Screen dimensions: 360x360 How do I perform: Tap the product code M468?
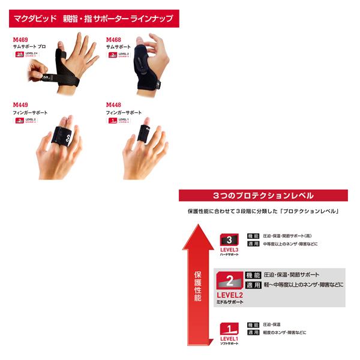(114, 40)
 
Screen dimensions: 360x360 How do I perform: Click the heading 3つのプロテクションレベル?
(263, 196)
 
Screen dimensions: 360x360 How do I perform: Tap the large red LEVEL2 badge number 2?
(229, 279)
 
